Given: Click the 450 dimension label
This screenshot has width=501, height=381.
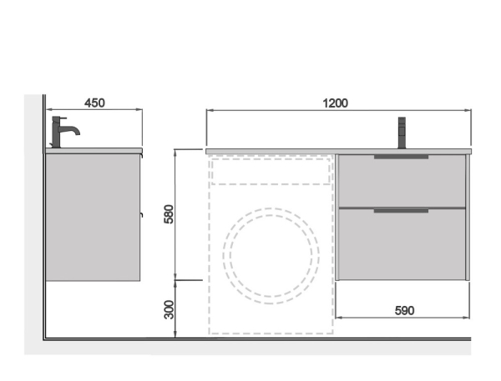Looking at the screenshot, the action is point(94,103).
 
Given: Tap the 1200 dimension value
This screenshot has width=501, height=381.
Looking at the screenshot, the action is point(335,103).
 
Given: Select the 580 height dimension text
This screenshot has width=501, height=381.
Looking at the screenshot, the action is point(169,213).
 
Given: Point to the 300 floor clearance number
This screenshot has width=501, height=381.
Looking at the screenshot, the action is point(169,309).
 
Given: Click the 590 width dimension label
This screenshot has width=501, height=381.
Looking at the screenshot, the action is point(404,310).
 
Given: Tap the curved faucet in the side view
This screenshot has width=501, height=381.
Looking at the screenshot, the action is point(64,131).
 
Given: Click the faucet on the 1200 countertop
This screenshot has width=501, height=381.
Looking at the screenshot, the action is point(402,133).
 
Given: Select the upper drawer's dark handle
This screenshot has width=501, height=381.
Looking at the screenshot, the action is point(401,157).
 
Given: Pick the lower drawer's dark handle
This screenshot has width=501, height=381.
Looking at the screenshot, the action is point(401,211).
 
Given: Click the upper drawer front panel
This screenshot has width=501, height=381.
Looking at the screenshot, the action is point(402,181).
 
